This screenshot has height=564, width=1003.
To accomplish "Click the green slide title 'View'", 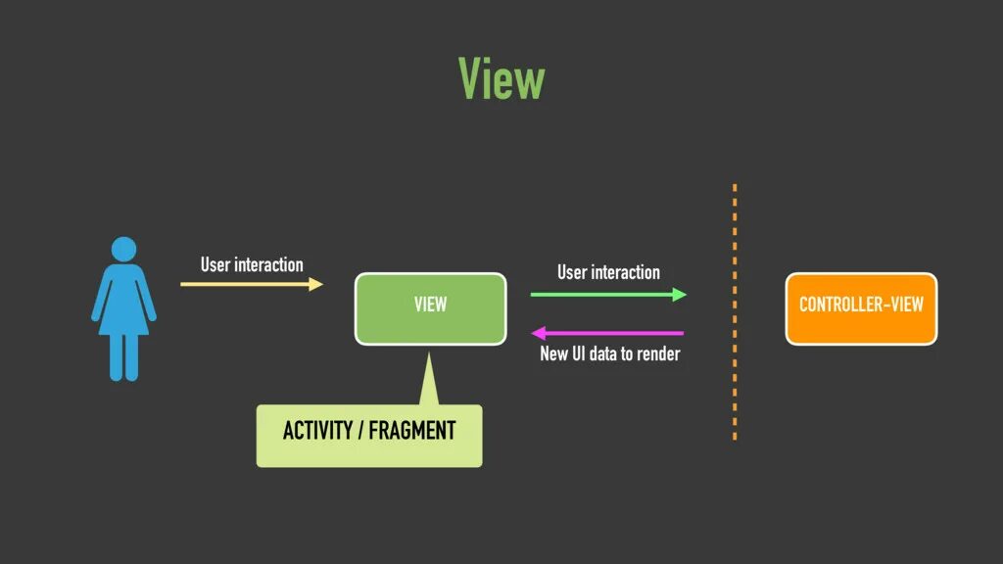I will coord(501,78).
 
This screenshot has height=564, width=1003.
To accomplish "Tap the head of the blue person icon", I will coord(123,249).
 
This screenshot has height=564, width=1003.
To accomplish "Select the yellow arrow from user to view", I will coord(250,284).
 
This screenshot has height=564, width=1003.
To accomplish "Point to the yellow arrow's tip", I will coord(319,284).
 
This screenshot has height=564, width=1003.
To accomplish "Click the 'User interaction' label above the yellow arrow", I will coord(252,264).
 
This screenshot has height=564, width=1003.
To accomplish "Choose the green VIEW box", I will coord(430,308).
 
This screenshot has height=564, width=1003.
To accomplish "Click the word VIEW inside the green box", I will coord(430,305).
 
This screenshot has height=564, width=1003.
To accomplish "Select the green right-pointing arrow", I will coord(607,294).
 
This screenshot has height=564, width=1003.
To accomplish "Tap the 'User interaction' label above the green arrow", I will coord(608,272).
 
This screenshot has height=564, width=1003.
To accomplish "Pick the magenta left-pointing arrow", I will coord(607,333).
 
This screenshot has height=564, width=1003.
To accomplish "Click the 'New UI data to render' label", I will coord(609,353).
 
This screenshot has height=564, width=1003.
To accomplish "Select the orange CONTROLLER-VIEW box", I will coord(861,308).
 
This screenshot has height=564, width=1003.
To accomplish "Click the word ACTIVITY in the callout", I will coord(315,431).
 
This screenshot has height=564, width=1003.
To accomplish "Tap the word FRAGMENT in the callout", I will coord(411,431).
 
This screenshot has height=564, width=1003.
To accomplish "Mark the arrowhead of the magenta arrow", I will coord(539,333).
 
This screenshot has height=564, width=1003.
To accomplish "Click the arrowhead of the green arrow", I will coord(680,294).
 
